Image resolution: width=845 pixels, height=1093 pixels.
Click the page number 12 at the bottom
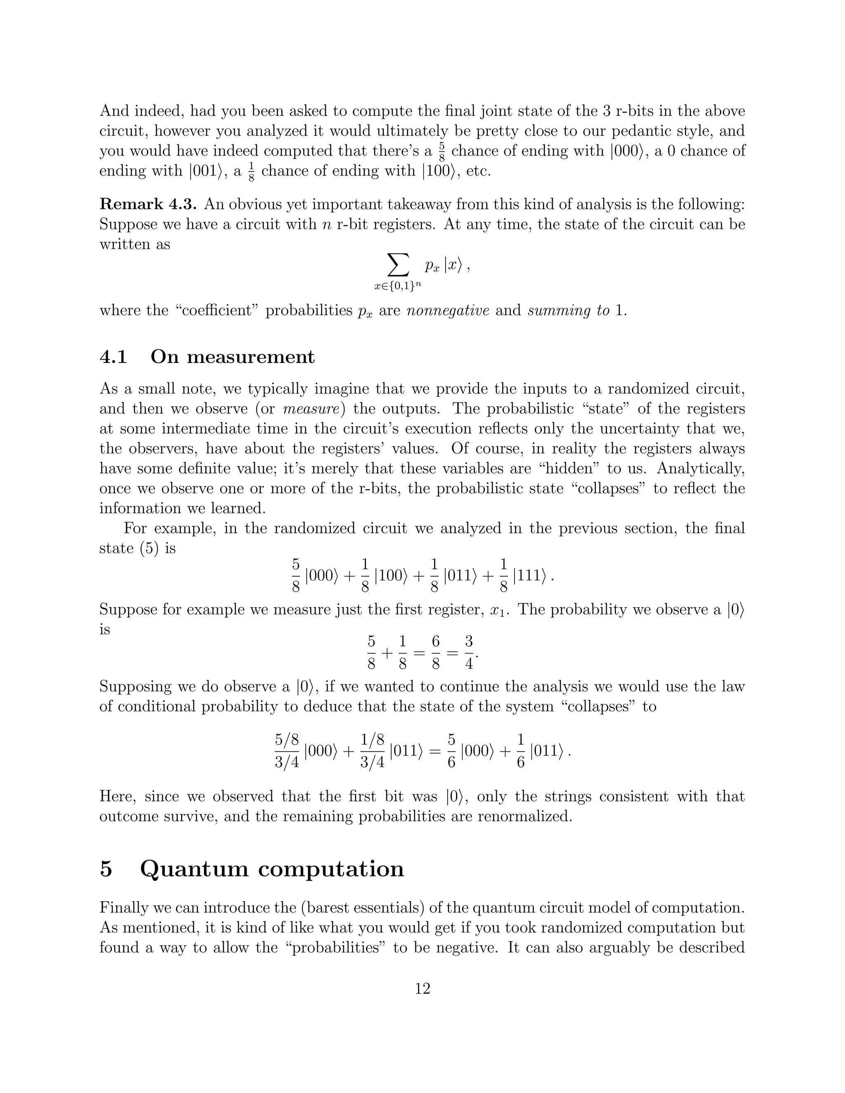(422, 988)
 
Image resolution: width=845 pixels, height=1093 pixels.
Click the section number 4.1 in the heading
(113, 357)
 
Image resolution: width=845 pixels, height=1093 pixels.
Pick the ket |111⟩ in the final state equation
(529, 576)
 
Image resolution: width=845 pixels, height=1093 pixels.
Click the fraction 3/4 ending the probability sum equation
(469, 653)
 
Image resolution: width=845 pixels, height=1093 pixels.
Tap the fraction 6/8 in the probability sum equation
(436, 653)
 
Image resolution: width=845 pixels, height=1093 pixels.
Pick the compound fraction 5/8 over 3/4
(287, 751)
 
